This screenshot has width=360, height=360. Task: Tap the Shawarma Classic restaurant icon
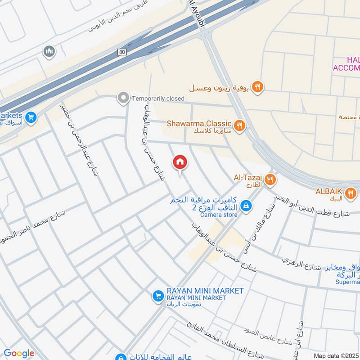tap(240, 125)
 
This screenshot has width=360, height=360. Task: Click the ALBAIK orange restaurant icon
tap(350, 193)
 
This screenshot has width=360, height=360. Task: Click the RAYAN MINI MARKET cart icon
tap(157, 296)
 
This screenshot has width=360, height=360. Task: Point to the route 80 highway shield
tap(122, 53)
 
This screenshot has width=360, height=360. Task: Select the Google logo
tap(19, 354)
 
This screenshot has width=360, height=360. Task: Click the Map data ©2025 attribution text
tap(336, 355)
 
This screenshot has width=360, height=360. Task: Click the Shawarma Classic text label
tap(199, 123)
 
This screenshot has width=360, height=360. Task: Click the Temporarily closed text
tap(158, 98)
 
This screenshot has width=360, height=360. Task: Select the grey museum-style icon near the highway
tap(49, 52)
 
